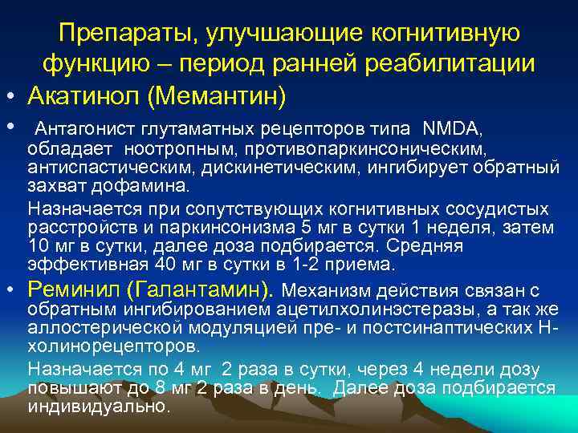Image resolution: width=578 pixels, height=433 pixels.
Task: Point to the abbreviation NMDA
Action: point(452,128)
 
